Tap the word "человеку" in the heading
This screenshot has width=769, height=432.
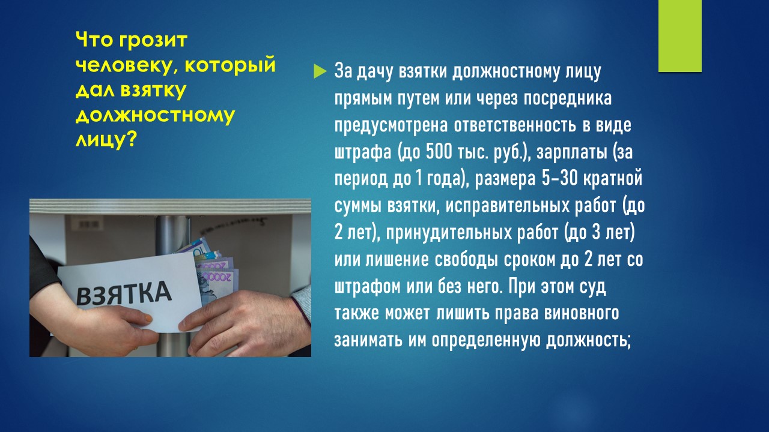[123, 65]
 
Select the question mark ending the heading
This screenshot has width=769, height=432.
[130, 140]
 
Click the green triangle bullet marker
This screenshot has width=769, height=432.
[320, 71]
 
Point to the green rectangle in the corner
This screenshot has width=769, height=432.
[679, 35]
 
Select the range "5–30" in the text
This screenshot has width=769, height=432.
[559, 178]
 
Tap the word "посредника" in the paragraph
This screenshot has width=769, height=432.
[568, 99]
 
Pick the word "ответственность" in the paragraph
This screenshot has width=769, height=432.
[515, 125]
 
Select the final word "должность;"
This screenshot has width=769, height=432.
[588, 341]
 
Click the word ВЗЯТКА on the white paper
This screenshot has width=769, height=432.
[124, 293]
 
